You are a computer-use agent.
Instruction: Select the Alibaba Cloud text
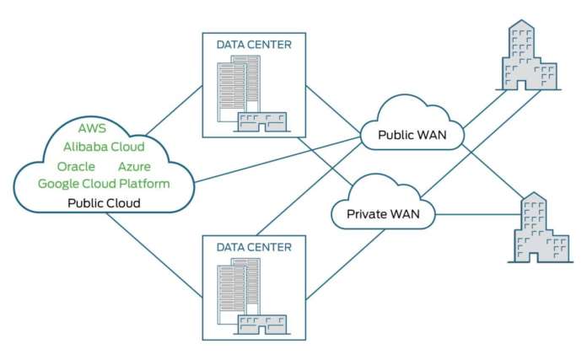[104, 147]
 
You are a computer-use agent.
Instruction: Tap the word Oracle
[76, 166]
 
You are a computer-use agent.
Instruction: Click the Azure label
[134, 166]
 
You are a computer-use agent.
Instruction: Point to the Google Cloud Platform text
[104, 184]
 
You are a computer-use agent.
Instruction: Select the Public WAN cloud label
[412, 135]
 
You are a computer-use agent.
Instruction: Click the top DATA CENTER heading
[254, 45]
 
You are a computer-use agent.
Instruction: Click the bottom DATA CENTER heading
[254, 247]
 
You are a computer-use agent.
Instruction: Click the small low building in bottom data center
[262, 324]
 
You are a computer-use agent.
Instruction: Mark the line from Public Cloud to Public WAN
[278, 161]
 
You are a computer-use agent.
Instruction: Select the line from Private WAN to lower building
[477, 214]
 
